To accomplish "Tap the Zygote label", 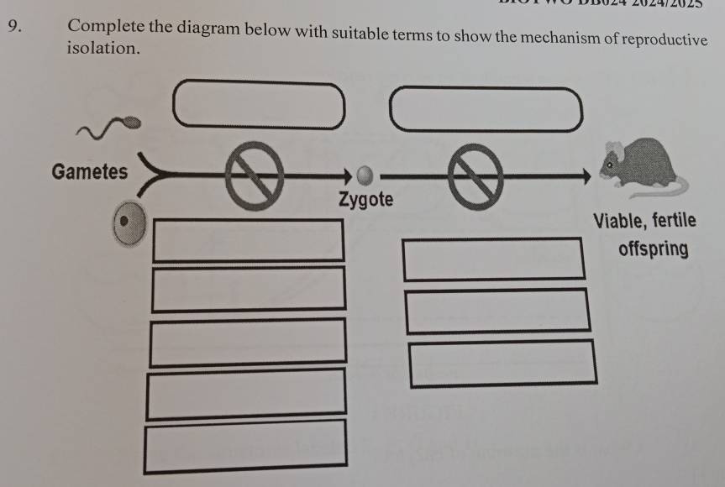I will tap(365, 201).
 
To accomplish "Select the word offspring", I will tap(653, 249).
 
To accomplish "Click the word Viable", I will tap(619, 221).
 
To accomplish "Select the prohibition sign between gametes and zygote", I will tap(251, 175).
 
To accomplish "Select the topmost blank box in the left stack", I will tap(247, 239).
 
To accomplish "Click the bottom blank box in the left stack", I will tap(245, 444).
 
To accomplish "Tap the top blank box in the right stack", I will tap(493, 259).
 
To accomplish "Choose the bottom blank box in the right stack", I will tap(502, 363).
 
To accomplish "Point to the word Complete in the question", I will tap(109, 26).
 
